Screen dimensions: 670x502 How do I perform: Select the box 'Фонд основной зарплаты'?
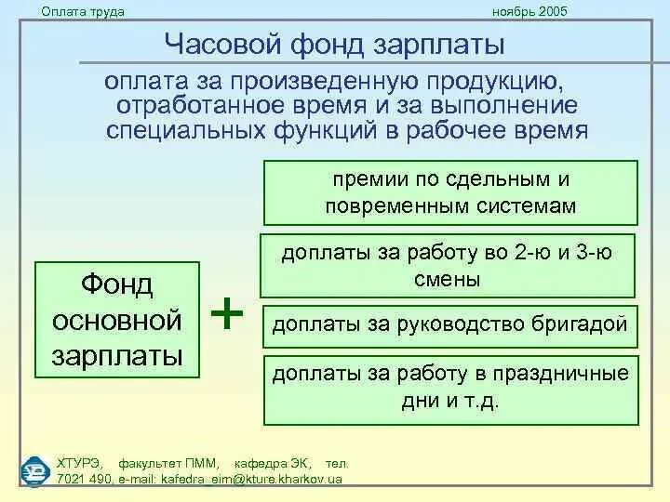coord(117,321)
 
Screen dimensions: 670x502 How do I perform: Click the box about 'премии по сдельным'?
coord(451,192)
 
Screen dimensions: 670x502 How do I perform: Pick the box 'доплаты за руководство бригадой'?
coord(451,326)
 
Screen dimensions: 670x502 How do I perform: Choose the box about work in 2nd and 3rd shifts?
coord(451,265)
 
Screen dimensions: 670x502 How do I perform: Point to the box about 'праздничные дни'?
coord(451,389)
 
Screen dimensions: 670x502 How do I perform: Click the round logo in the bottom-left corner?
coord(34,470)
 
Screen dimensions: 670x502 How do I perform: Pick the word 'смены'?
coord(451,278)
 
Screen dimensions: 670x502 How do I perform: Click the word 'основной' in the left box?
coord(117,321)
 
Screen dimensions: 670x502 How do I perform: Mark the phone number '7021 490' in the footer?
coord(83,479)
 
